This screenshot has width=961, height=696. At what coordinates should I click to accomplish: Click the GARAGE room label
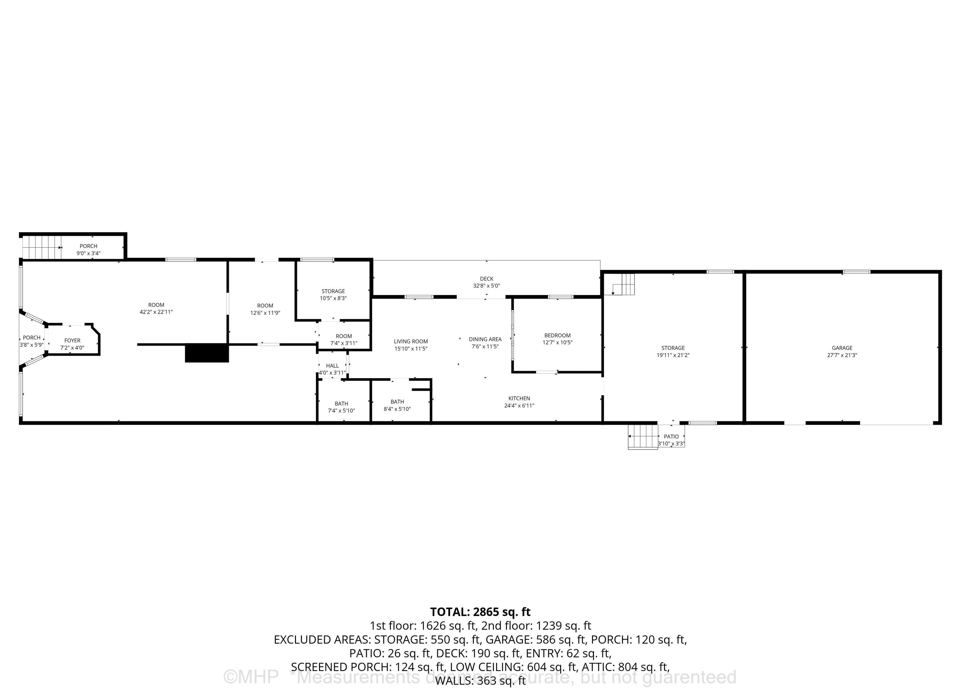pos(842,348)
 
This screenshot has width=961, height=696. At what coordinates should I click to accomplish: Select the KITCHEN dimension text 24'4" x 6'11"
pos(519,406)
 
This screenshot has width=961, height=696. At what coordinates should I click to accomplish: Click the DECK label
pos(487,278)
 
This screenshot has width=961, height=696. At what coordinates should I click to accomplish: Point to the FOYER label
pos(72,340)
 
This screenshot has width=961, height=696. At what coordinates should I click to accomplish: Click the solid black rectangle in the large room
pos(207,353)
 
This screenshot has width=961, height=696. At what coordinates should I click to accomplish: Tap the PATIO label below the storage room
pos(671,436)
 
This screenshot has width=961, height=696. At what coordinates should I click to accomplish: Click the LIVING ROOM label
pos(411,341)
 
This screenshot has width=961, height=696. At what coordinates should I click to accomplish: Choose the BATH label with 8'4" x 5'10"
pos(397,402)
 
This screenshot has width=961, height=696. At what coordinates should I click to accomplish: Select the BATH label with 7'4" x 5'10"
pos(341,403)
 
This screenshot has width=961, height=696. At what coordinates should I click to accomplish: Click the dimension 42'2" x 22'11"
pos(156,312)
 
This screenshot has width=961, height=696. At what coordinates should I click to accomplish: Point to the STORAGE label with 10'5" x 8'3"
pos(333,291)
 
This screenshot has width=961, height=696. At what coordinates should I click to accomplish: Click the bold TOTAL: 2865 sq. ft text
pos(480,612)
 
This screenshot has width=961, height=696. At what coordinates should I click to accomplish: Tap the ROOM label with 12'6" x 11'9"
pos(265,306)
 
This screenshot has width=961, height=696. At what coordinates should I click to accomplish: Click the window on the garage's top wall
pos(856,272)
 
